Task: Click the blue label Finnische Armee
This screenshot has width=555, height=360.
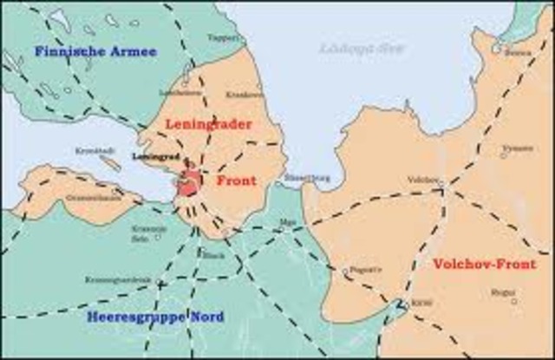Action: coord(95,52)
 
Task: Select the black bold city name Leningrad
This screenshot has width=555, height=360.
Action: coord(155,157)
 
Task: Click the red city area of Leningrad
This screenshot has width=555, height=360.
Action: coord(189,184)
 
